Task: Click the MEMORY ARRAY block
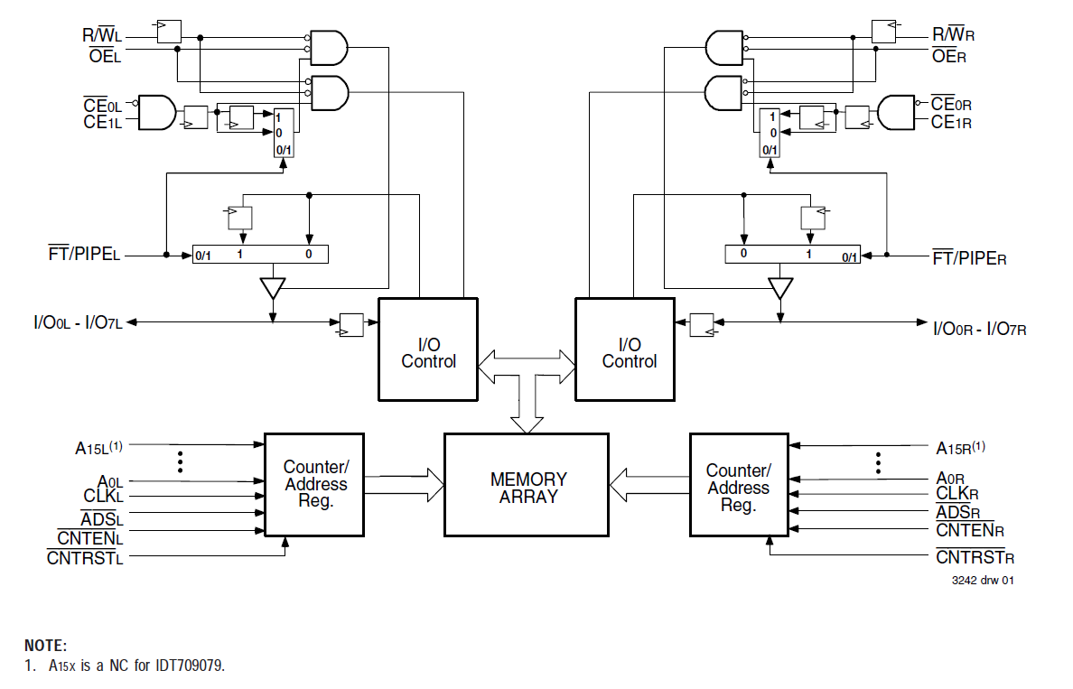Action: (x=527, y=488)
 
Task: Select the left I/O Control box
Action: (x=428, y=349)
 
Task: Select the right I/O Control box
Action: (x=625, y=349)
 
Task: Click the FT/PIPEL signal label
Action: (x=85, y=255)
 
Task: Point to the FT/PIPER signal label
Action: (x=969, y=258)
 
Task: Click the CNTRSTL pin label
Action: (x=85, y=557)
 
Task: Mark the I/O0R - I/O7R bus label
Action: (x=979, y=329)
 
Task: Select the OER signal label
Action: (x=949, y=56)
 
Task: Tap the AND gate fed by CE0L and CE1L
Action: (x=156, y=112)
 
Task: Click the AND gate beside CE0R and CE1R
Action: (x=897, y=112)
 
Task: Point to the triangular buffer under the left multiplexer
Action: (x=272, y=288)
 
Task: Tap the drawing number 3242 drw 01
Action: (x=982, y=581)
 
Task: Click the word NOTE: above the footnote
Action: (x=45, y=646)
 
